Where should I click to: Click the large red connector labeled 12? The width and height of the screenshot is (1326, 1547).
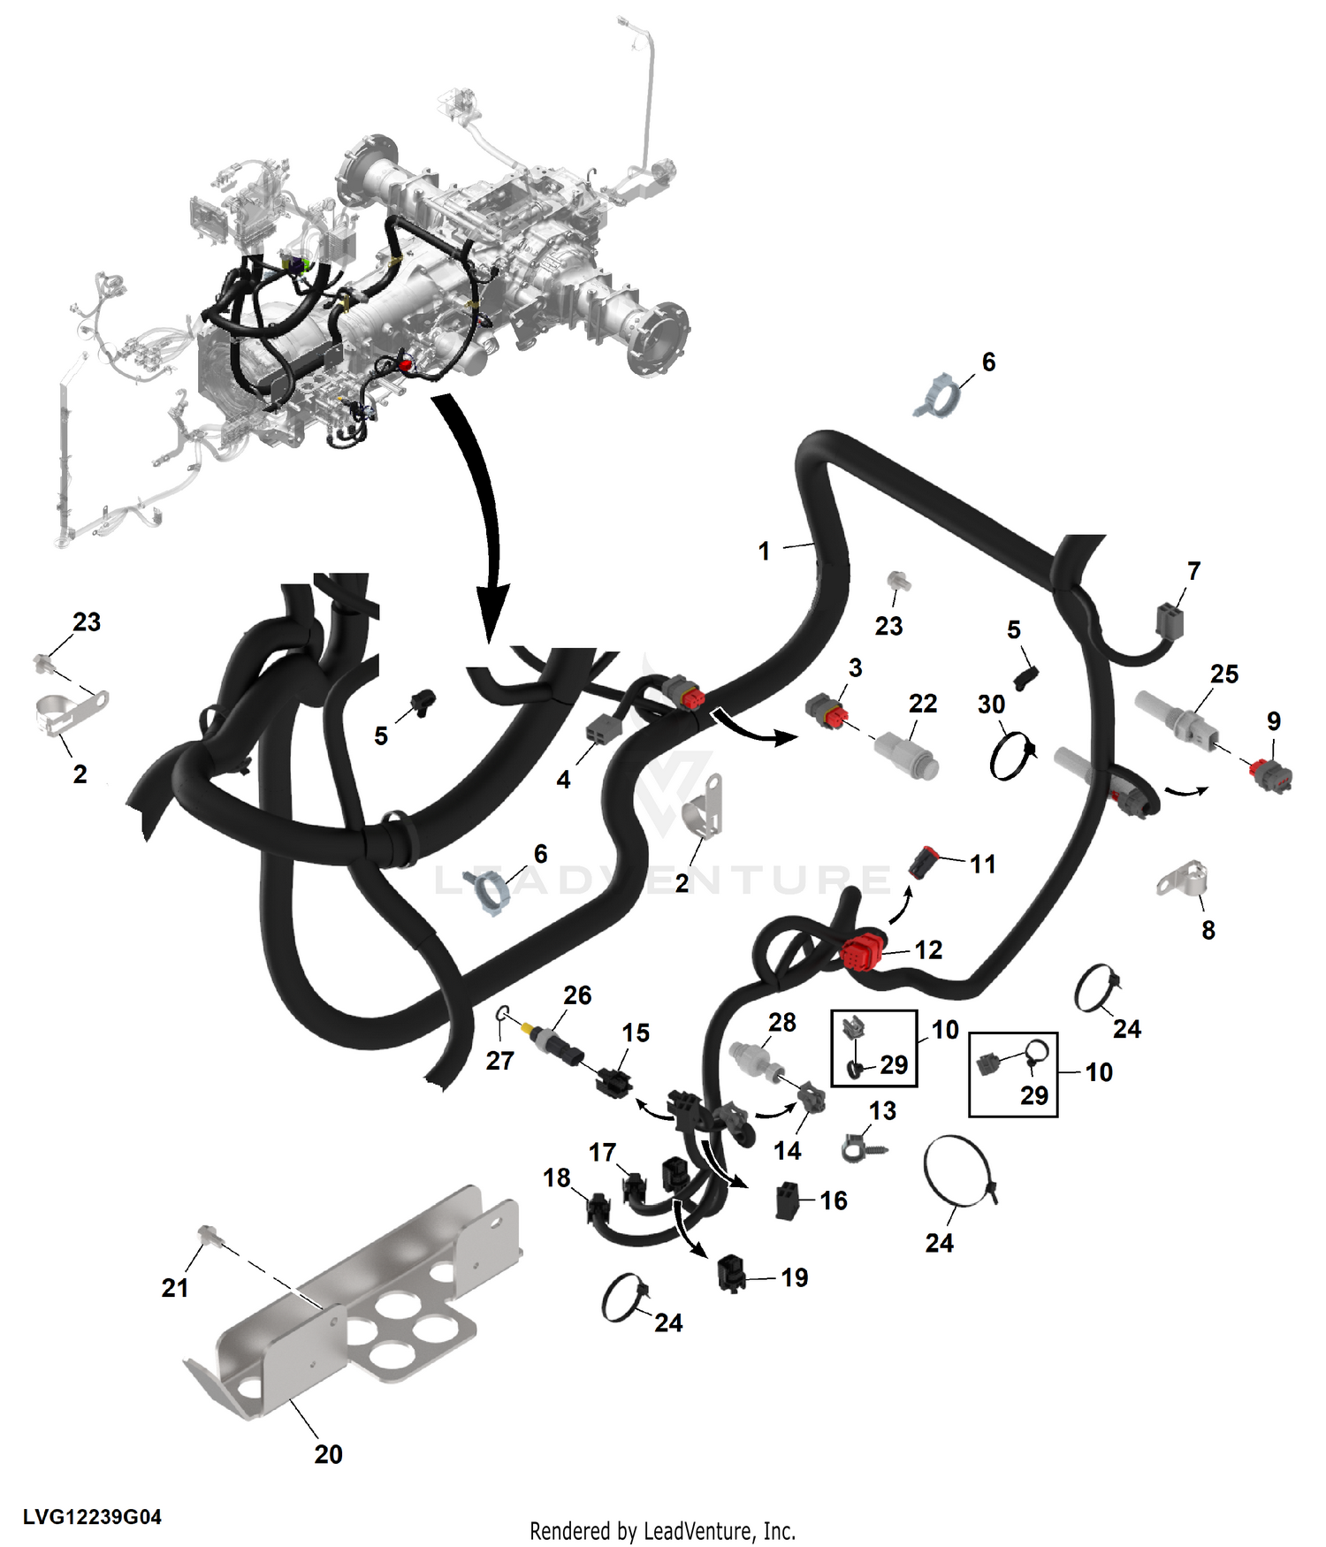coord(863,953)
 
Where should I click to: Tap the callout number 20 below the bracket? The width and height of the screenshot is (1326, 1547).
coord(328,1454)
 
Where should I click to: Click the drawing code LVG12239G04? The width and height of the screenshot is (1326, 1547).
coord(92,1517)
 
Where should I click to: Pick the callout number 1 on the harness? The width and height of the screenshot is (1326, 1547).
coord(764,551)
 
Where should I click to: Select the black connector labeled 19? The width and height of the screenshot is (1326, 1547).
coord(732,1272)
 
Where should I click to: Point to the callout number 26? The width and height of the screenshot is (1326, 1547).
coord(577,995)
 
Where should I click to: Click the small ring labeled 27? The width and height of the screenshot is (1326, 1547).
coord(502,1013)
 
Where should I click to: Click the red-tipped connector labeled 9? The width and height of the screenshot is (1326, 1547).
coord(1271,775)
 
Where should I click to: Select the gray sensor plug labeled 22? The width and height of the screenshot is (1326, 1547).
coord(906,754)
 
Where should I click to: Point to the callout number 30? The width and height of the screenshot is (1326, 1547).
coord(991,705)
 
